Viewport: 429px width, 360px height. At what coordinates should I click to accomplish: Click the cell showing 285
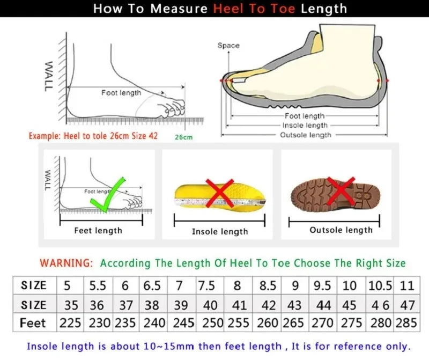pyautogui.click(x=406, y=324)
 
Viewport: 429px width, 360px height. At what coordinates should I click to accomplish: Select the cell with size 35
pyautogui.click(x=70, y=305)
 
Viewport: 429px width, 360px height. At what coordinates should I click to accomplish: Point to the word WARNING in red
pyautogui.click(x=66, y=263)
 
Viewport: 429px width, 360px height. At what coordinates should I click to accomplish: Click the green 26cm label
pyautogui.click(x=183, y=137)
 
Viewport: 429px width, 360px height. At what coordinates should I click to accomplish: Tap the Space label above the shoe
pyautogui.click(x=228, y=46)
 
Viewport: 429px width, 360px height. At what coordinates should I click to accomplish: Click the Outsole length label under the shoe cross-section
pyautogui.click(x=306, y=135)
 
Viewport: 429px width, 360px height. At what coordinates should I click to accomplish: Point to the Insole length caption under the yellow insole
pyautogui.click(x=220, y=232)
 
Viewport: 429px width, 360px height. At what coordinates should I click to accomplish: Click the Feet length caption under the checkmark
pyautogui.click(x=98, y=231)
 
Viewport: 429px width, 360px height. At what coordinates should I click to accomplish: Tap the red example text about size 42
pyautogui.click(x=93, y=136)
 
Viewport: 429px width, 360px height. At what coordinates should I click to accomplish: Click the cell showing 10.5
pyautogui.click(x=380, y=285)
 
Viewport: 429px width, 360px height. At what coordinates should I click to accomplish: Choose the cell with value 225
pyautogui.click(x=70, y=324)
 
